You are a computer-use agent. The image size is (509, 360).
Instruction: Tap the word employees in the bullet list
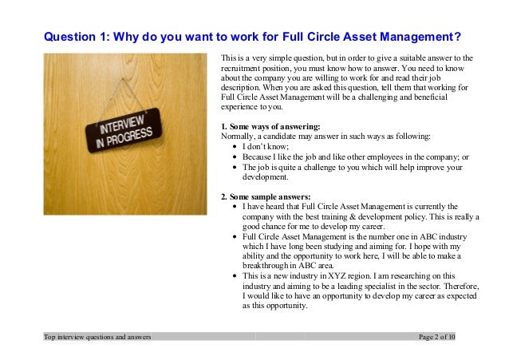pos(388,157)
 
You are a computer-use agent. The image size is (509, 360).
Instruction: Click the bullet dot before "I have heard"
pos(233,206)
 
